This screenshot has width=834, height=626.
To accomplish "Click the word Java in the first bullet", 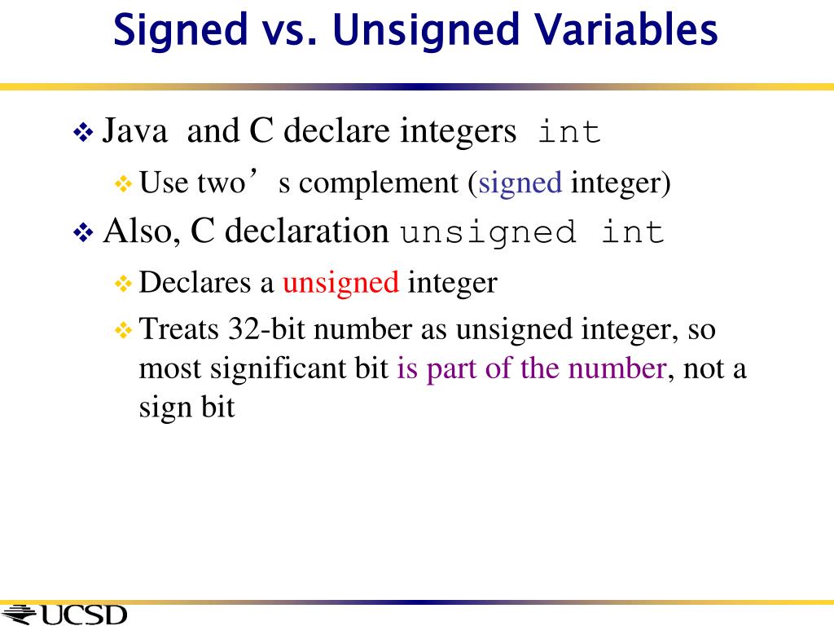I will click(135, 131).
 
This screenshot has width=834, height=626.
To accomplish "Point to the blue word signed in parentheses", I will click(520, 183).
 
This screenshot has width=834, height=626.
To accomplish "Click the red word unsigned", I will click(340, 282).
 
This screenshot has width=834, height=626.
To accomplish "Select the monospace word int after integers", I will click(569, 131).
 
